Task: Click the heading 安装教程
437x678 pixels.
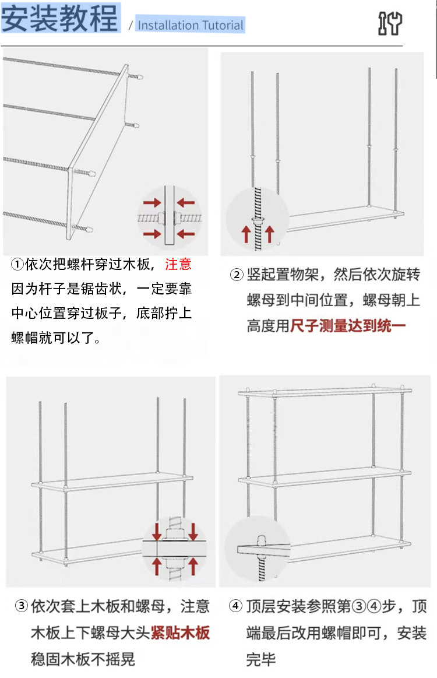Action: pos(60,19)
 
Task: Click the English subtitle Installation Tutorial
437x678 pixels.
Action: pos(191,25)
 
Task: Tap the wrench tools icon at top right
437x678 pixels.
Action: pos(390,23)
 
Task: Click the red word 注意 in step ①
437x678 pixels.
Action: pos(178,264)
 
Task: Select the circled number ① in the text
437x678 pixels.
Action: pos(17,264)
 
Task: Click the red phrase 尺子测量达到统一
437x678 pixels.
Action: pos(348,325)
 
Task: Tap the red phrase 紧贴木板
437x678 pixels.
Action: pos(180,633)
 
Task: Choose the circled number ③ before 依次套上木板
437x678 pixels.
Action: pos(21,606)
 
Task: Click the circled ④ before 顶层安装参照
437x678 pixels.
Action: pos(235,606)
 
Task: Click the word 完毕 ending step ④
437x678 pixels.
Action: pos(260,659)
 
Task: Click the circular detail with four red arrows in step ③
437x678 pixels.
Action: pos(174,547)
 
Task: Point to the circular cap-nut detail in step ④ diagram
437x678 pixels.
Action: pos(257,549)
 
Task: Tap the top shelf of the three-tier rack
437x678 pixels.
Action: pos(324,391)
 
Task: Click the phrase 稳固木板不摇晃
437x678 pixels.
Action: pos(83,659)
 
